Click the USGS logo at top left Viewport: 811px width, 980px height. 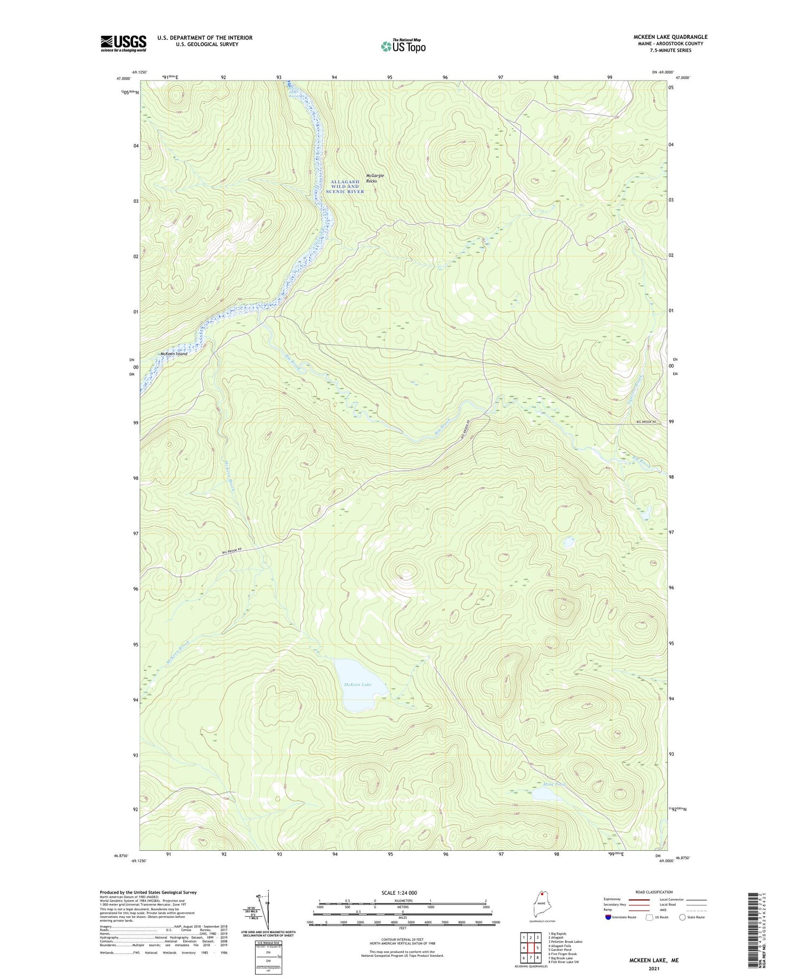point(123,43)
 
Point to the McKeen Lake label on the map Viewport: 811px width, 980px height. point(357,684)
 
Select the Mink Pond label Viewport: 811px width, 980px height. point(554,784)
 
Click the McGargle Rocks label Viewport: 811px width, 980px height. point(371,178)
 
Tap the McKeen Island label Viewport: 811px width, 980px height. point(174,354)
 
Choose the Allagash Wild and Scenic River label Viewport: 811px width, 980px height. point(344,186)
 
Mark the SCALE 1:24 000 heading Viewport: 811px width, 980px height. point(402,892)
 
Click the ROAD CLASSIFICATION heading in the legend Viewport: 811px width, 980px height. point(654,892)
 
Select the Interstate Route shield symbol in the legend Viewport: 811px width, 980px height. point(608,917)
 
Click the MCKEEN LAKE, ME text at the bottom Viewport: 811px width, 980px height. point(653,961)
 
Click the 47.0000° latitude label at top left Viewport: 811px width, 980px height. point(122,78)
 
